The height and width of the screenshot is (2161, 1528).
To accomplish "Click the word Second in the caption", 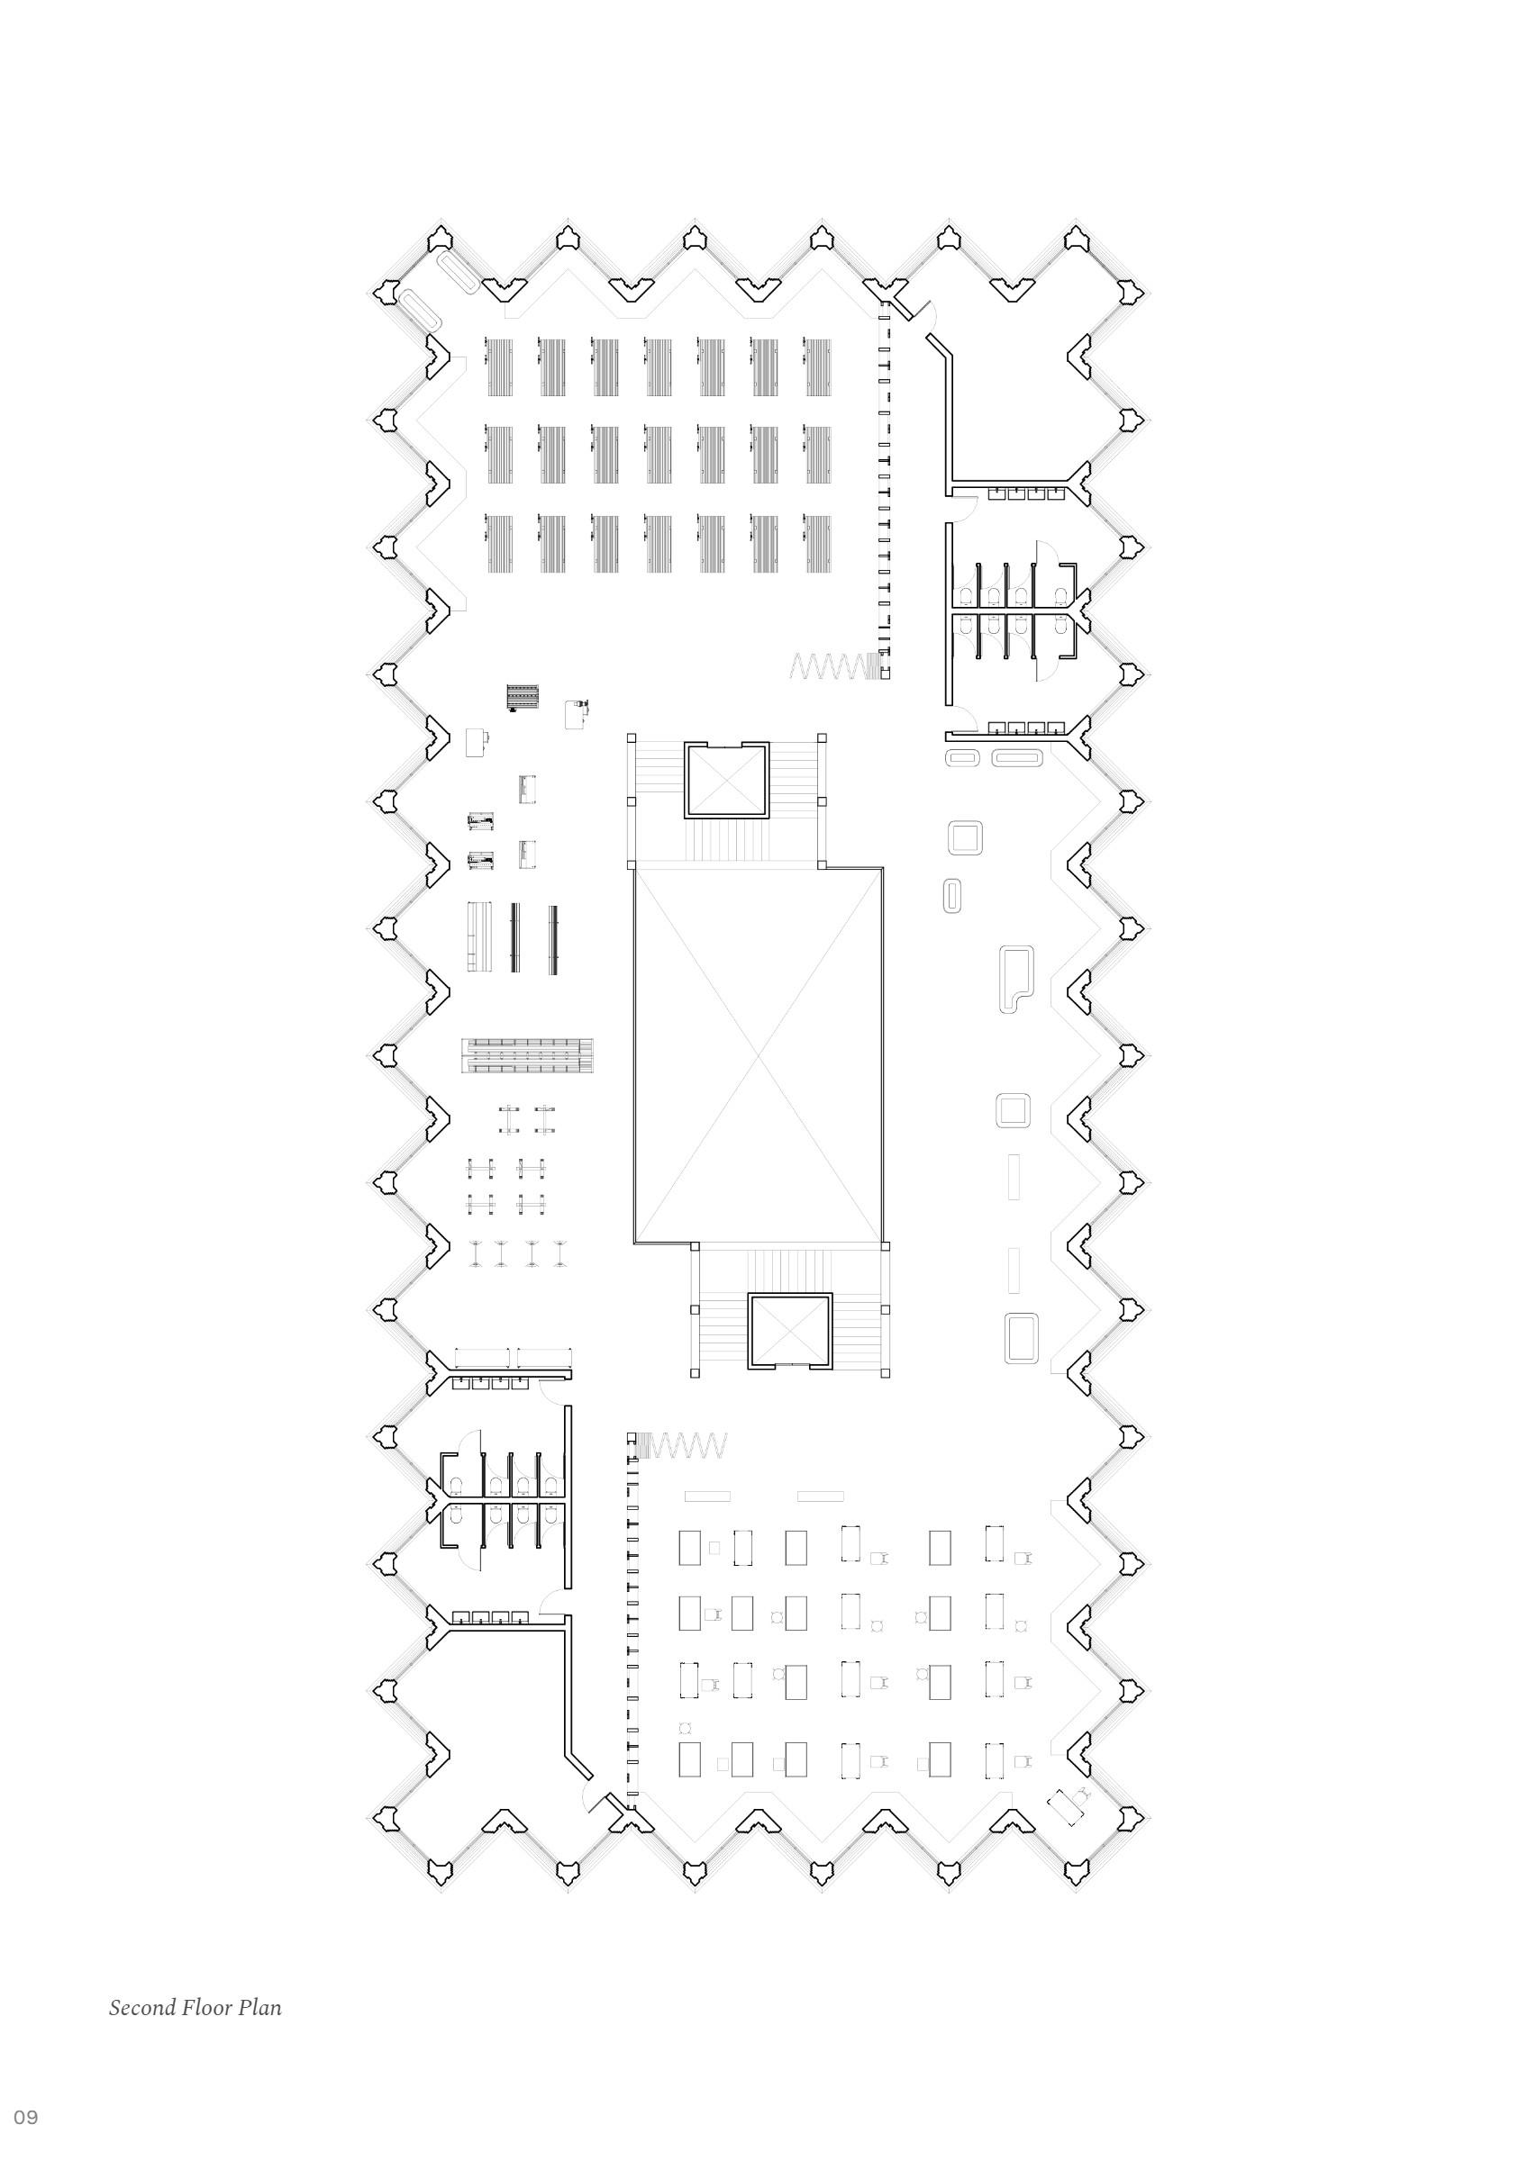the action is [143, 2008].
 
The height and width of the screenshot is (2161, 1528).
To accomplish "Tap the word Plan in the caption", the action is [260, 2008].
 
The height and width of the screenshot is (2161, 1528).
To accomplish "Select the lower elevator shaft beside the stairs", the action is [790, 1329].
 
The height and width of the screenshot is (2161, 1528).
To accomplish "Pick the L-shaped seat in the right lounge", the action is [1014, 978].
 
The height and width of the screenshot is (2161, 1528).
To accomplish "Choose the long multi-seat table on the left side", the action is [527, 1055].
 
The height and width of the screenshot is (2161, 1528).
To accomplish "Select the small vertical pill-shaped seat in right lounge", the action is [951, 895].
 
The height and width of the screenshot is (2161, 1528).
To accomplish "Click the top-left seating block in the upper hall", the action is [500, 367].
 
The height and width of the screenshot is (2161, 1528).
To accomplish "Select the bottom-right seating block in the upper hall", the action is [817, 543].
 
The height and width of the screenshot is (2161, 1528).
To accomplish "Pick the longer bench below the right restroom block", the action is [1017, 756].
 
